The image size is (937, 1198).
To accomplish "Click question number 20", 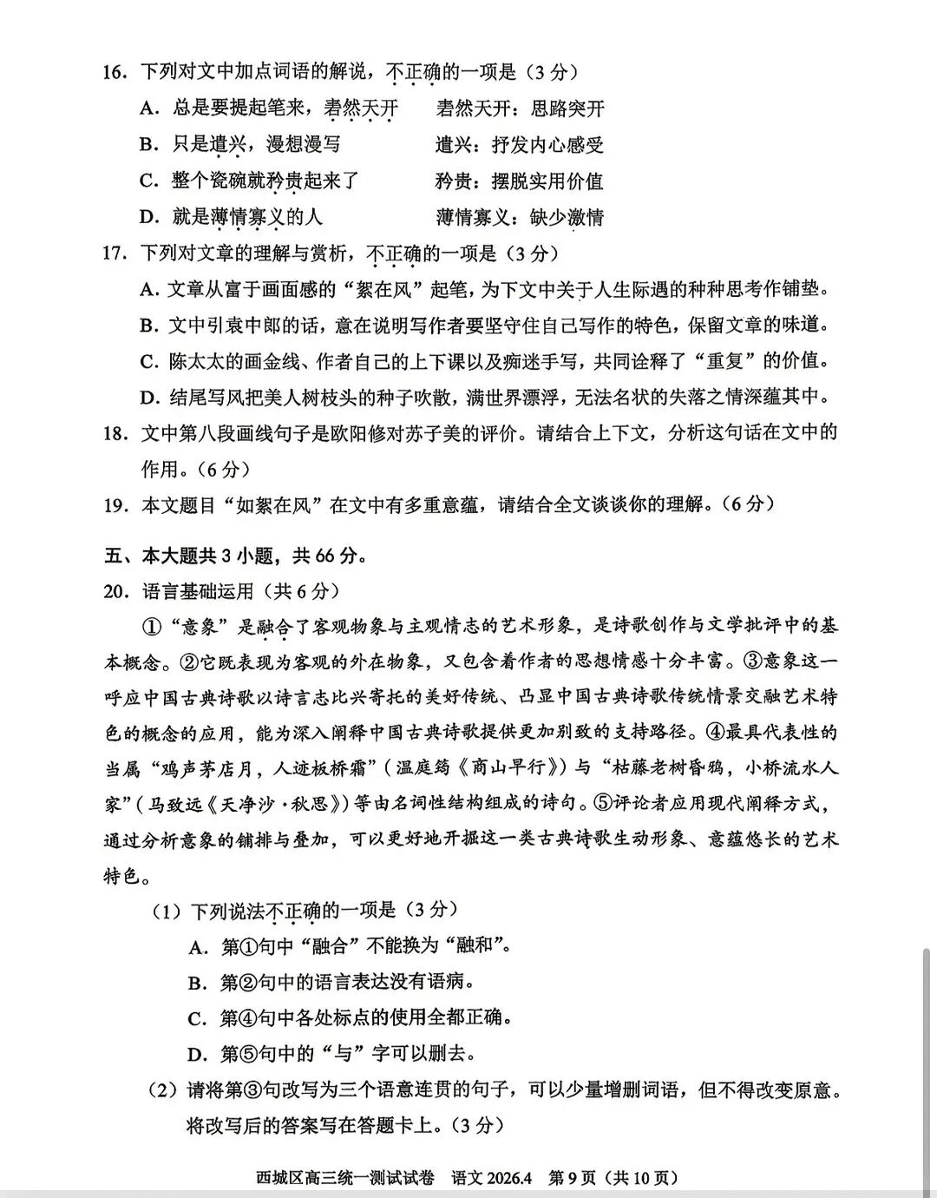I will point(116,592).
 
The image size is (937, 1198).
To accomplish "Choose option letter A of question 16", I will point(149,109).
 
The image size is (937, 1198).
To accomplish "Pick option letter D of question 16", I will point(149,217).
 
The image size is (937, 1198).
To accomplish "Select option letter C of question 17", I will point(149,361).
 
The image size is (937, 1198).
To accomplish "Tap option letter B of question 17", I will point(149,326).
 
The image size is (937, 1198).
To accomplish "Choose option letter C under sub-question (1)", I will point(197,1018).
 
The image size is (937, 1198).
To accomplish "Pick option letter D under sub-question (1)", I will point(197,1055).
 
